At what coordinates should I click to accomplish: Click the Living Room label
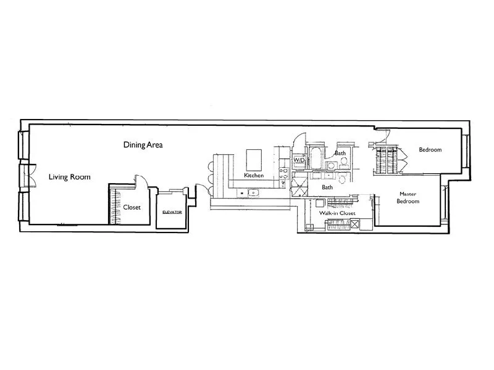[x=69, y=177]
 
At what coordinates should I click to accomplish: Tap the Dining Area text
[x=143, y=145]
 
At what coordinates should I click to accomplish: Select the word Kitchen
[x=254, y=176]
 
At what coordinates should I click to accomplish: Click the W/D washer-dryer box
[x=299, y=160]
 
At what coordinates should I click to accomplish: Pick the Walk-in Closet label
[x=338, y=213]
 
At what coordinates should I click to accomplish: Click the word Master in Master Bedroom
[x=408, y=193]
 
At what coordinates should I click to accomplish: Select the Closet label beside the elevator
[x=132, y=207]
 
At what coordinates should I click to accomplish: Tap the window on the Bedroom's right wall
[x=468, y=151]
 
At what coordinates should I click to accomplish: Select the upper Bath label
[x=340, y=152]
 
